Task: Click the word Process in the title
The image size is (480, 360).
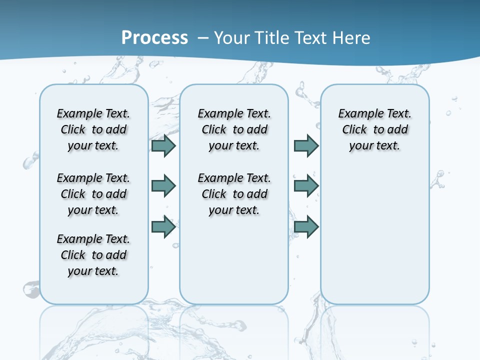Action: (154, 38)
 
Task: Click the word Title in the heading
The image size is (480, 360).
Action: (273, 38)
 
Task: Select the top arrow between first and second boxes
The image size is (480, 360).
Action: (163, 145)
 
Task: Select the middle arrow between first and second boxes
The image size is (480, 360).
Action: (163, 186)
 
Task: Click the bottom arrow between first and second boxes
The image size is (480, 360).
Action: (163, 227)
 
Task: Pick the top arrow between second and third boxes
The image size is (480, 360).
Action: (306, 145)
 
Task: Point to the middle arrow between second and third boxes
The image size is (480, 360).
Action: (306, 186)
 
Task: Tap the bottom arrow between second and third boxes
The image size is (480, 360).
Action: (306, 227)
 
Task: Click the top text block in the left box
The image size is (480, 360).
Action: (93, 129)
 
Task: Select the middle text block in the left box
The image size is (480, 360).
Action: (93, 194)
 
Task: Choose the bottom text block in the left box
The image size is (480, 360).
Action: (93, 255)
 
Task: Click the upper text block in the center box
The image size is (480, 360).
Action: (234, 129)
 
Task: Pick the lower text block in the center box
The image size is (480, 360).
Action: (234, 194)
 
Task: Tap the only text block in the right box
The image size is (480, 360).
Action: (375, 129)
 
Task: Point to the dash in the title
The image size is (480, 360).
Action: (203, 38)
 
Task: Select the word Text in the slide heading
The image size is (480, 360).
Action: (311, 38)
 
